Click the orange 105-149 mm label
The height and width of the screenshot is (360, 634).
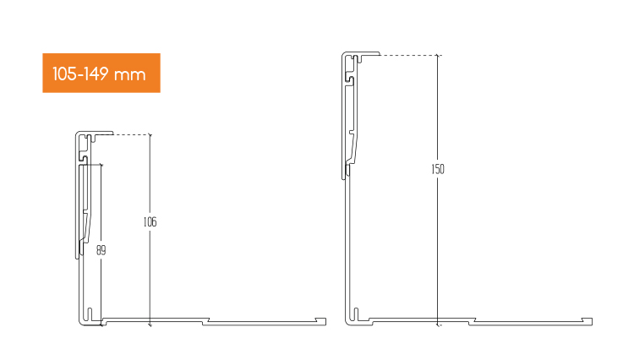(x=101, y=74)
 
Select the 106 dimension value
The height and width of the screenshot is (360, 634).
(x=150, y=222)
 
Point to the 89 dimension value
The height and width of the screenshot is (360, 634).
(x=101, y=250)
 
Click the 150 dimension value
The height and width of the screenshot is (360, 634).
(x=437, y=169)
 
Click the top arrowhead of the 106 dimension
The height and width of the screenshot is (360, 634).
(x=150, y=137)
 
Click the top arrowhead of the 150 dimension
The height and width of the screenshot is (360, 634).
(x=438, y=57)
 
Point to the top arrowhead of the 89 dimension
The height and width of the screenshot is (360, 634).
(x=101, y=166)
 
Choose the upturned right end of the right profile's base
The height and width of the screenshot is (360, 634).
(x=588, y=319)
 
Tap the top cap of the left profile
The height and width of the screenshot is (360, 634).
(x=95, y=134)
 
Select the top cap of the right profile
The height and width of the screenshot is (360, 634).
(x=359, y=53)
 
